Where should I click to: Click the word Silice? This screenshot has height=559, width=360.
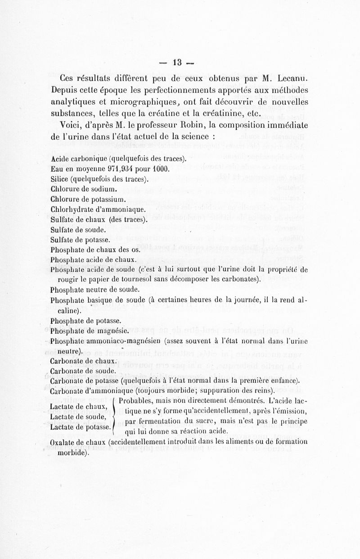coord(60,179)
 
